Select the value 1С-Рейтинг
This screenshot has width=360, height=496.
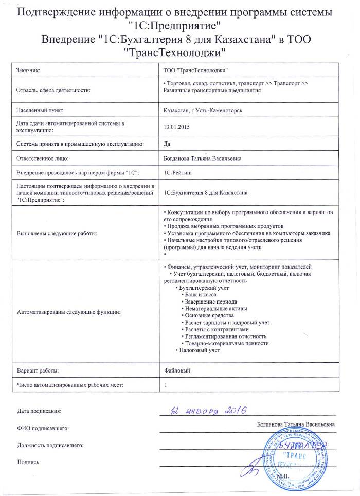tap(178, 174)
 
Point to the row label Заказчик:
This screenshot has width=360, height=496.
tap(28, 69)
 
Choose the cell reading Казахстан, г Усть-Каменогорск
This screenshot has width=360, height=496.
tap(202, 110)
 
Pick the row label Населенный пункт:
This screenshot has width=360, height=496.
tap(40, 110)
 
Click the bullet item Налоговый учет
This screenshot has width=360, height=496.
tap(200, 350)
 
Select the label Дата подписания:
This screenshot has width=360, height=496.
tap(39, 412)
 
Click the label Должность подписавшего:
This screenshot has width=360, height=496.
tap(50, 445)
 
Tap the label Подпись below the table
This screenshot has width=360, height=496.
tap(28, 462)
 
